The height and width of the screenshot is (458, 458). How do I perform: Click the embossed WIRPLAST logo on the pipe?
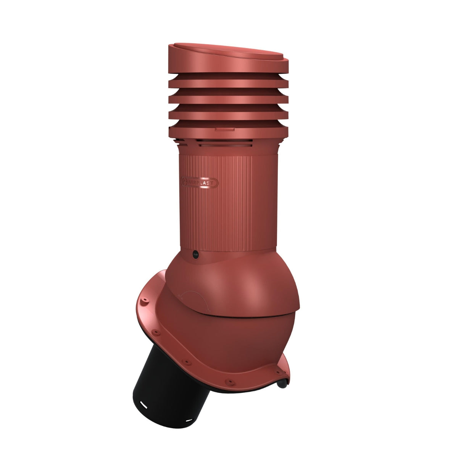200,182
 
